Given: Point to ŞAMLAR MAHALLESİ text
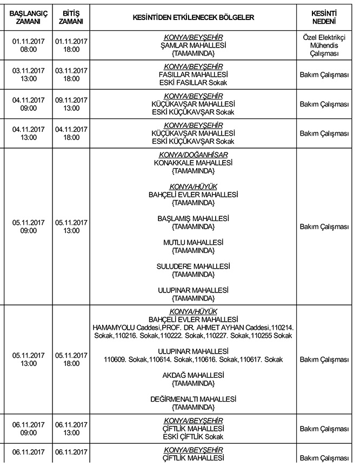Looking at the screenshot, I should click(x=193, y=45).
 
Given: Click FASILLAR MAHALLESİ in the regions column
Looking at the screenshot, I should click(x=193, y=74).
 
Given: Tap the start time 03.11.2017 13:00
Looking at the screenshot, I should click(x=25, y=75).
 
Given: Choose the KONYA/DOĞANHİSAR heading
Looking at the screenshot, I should click(x=193, y=155).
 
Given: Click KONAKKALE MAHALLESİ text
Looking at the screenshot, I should click(x=193, y=162).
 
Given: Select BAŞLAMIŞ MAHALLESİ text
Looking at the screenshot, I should click(x=193, y=218).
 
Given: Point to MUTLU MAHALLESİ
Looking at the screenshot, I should click(x=193, y=243).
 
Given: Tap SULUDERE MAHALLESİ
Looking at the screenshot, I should click(x=193, y=267).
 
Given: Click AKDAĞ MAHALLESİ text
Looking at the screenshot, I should click(x=193, y=375).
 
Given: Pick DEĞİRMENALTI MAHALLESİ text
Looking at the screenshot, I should click(x=193, y=399).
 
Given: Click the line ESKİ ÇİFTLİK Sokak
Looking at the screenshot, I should click(x=193, y=437).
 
